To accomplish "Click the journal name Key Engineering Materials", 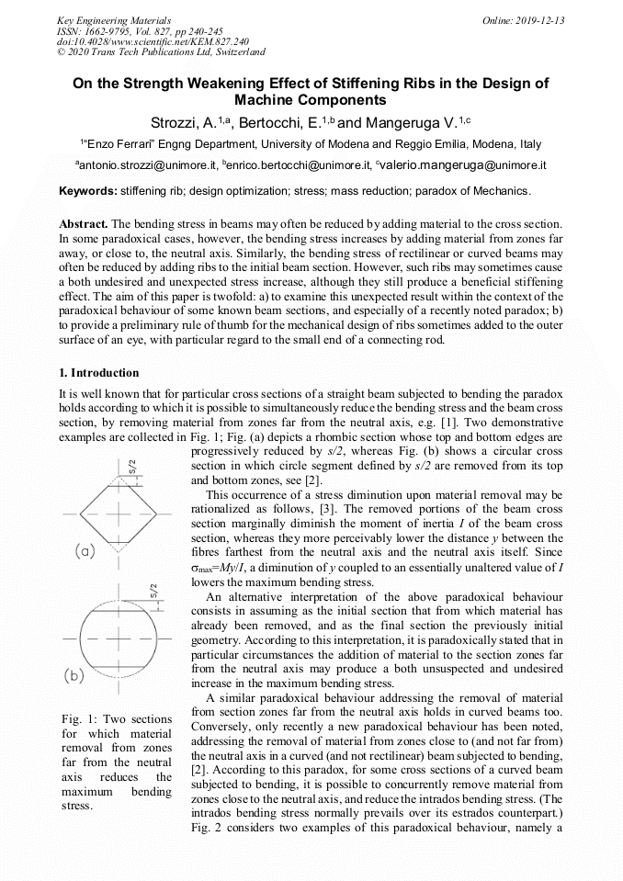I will tap(113, 19).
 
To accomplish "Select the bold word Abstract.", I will tap(84, 224).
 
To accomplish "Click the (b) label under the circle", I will tap(75, 677).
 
